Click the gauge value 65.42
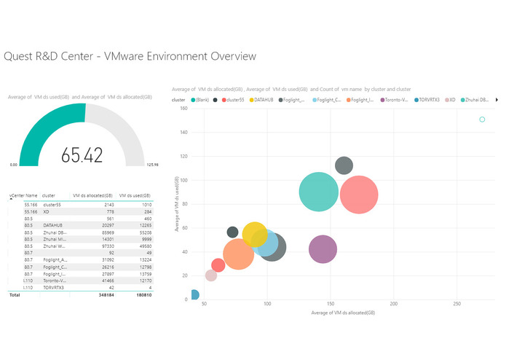[82, 154]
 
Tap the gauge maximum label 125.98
[153, 165]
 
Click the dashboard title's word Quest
[21, 56]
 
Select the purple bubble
[323, 249]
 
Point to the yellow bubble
[258, 235]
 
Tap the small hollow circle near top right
[482, 120]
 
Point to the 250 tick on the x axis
[456, 303]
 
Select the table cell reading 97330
[103, 246]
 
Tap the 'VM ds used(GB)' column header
[135, 196]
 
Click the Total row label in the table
[14, 296]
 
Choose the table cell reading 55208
[141, 232]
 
